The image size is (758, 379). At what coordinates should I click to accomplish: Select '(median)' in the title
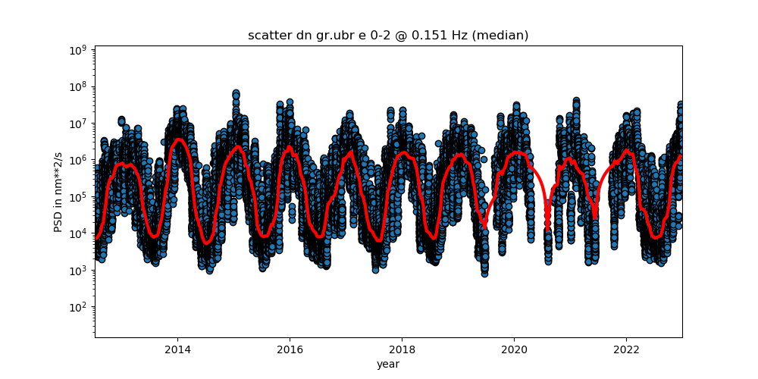pyautogui.click(x=500, y=36)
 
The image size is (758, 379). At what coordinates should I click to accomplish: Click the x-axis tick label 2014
pyautogui.click(x=177, y=349)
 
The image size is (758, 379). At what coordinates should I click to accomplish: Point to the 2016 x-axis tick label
pyautogui.click(x=290, y=349)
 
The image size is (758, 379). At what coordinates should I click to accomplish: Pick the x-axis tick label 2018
pyautogui.click(x=402, y=349)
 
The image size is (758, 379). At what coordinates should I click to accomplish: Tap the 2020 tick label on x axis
pyautogui.click(x=514, y=349)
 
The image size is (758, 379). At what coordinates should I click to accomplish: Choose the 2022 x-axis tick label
pyautogui.click(x=626, y=349)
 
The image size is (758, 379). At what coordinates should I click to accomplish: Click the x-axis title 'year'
pyautogui.click(x=388, y=364)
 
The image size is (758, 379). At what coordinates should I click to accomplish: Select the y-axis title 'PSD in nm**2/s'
pyautogui.click(x=59, y=191)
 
